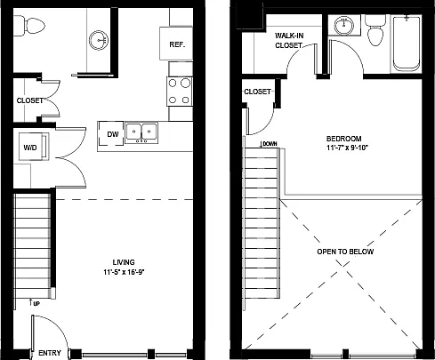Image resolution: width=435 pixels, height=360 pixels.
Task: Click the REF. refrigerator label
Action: point(177,44)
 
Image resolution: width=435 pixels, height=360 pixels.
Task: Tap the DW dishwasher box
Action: point(111,134)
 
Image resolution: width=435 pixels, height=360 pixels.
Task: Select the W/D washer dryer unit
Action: point(34,147)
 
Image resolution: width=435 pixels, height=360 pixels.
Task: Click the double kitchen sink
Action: point(141,132)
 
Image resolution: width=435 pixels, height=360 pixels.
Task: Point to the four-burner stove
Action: point(180,92)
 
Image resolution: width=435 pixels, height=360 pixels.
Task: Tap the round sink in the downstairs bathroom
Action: point(99,40)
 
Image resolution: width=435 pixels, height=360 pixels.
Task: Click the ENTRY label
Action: point(50,353)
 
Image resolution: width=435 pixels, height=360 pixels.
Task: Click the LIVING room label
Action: point(124,262)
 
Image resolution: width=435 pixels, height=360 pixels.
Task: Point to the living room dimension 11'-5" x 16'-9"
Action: point(124,272)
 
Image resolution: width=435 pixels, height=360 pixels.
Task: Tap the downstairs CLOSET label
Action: point(30,100)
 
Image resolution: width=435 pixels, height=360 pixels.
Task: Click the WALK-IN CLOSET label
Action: point(289,41)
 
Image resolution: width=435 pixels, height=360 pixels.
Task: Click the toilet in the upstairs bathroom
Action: point(375,30)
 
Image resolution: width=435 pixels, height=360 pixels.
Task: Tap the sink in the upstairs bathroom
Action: point(344,25)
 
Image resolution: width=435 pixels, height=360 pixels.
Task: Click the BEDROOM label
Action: point(344,139)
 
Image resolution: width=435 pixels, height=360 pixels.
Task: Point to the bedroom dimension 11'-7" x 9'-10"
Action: point(347,148)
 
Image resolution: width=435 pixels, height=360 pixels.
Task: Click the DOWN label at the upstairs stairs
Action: point(269,144)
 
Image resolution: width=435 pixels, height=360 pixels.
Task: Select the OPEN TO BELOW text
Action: point(345,252)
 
